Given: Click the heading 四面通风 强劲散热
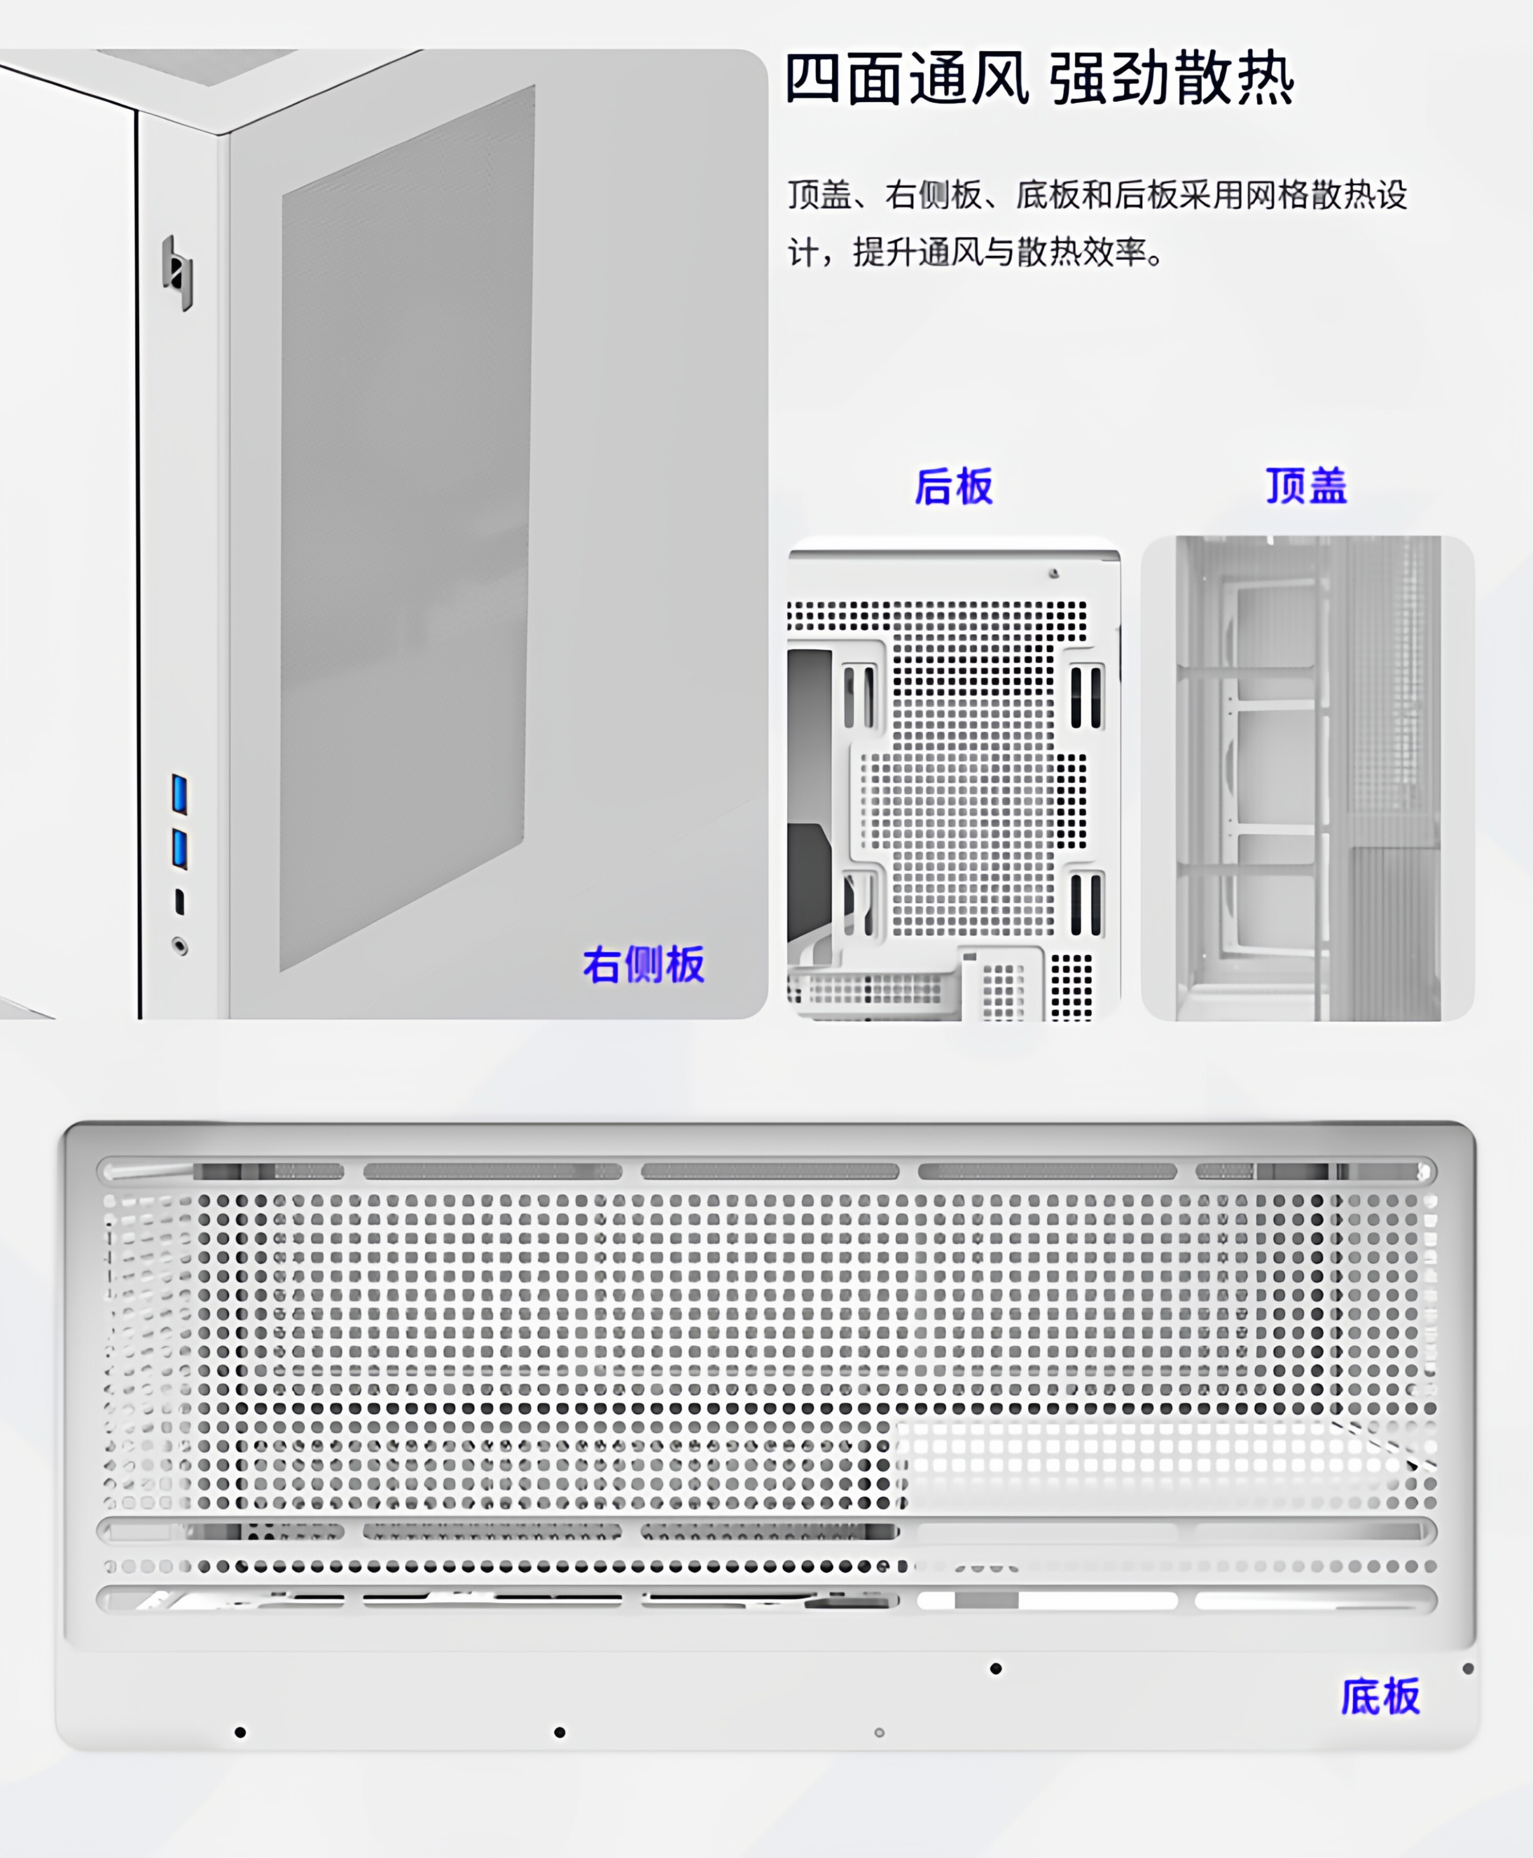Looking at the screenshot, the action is [x=1039, y=80].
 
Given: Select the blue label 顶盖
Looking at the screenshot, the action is [x=1306, y=485].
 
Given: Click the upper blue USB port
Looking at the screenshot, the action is [x=179, y=794].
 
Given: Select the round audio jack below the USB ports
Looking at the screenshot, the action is [x=180, y=947].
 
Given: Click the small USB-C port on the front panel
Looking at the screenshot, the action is [x=180, y=901].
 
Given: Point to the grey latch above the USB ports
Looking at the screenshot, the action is [x=177, y=272].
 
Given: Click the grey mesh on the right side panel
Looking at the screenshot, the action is [x=406, y=530].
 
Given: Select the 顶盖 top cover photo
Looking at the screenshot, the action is [x=1307, y=777].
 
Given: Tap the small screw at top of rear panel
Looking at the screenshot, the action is [x=1054, y=574].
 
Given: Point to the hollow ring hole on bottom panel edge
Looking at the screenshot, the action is [x=878, y=1733].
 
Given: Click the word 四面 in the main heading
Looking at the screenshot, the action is [x=846, y=80].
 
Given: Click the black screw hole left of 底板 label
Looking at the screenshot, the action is [x=996, y=1668].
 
